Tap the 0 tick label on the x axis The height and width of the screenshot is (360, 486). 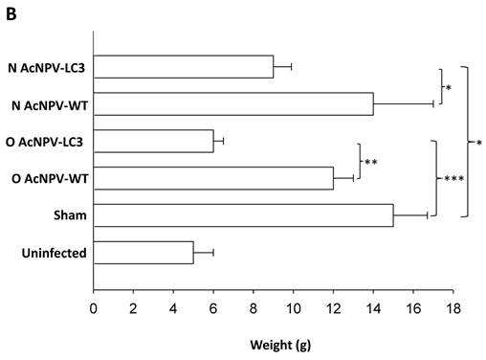94,307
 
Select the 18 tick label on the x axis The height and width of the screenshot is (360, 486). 453,307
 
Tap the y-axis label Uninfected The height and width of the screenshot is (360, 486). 54,253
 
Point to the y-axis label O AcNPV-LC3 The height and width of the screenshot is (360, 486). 48,141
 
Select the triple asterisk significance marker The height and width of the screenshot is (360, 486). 452,179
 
